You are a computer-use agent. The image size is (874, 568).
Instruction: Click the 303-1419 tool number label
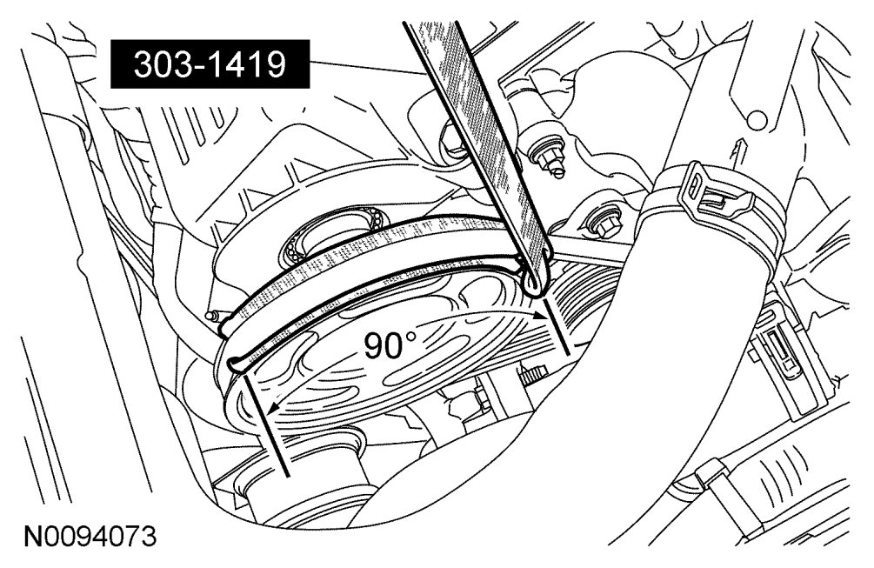pyautogui.click(x=210, y=64)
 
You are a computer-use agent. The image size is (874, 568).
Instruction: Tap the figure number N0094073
pyautogui.click(x=90, y=537)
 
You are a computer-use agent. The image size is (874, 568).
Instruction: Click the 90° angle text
pyautogui.click(x=390, y=345)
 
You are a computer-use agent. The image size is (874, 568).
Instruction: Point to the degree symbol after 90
pyautogui.click(x=410, y=337)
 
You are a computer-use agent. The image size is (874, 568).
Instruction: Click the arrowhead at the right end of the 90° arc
pyautogui.click(x=538, y=315)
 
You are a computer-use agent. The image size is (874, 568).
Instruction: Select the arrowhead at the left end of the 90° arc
pyautogui.click(x=272, y=410)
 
